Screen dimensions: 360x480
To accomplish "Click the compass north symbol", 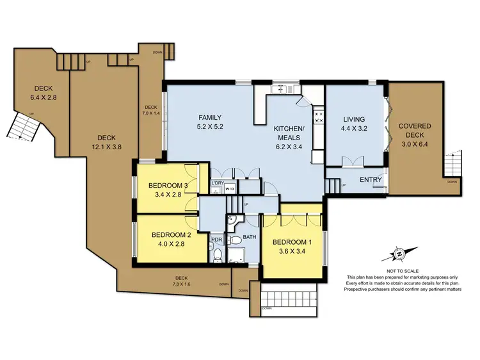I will (399, 254).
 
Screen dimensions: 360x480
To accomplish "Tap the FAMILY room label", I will (209, 117).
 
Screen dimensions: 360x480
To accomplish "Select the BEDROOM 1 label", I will (292, 241).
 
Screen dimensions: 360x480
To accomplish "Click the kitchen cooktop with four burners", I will (318, 117).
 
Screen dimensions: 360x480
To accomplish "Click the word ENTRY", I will (371, 180).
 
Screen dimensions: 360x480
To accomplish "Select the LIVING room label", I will (353, 119).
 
